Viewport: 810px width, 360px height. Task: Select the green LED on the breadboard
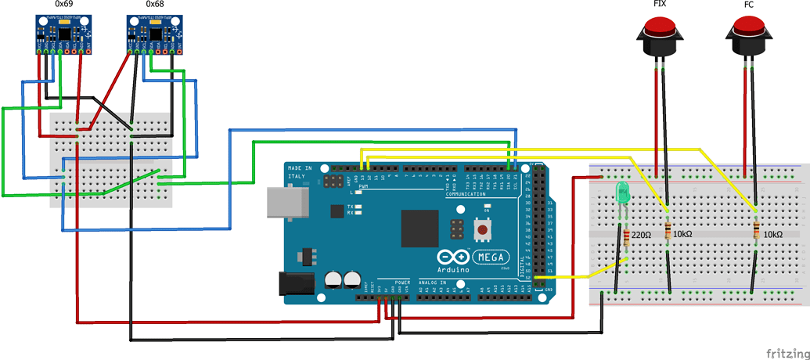[623, 193]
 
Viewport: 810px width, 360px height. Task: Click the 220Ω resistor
[627, 235]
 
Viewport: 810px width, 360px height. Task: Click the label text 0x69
[64, 5]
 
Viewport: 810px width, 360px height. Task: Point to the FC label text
[749, 5]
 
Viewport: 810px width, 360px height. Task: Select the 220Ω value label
[642, 235]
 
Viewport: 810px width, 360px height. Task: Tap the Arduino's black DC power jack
[297, 283]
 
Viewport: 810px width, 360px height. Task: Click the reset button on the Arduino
[484, 230]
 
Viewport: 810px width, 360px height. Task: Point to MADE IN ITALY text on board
[299, 173]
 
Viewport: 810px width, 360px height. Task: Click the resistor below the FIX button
[667, 232]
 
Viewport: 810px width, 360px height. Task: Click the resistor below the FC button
[757, 232]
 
